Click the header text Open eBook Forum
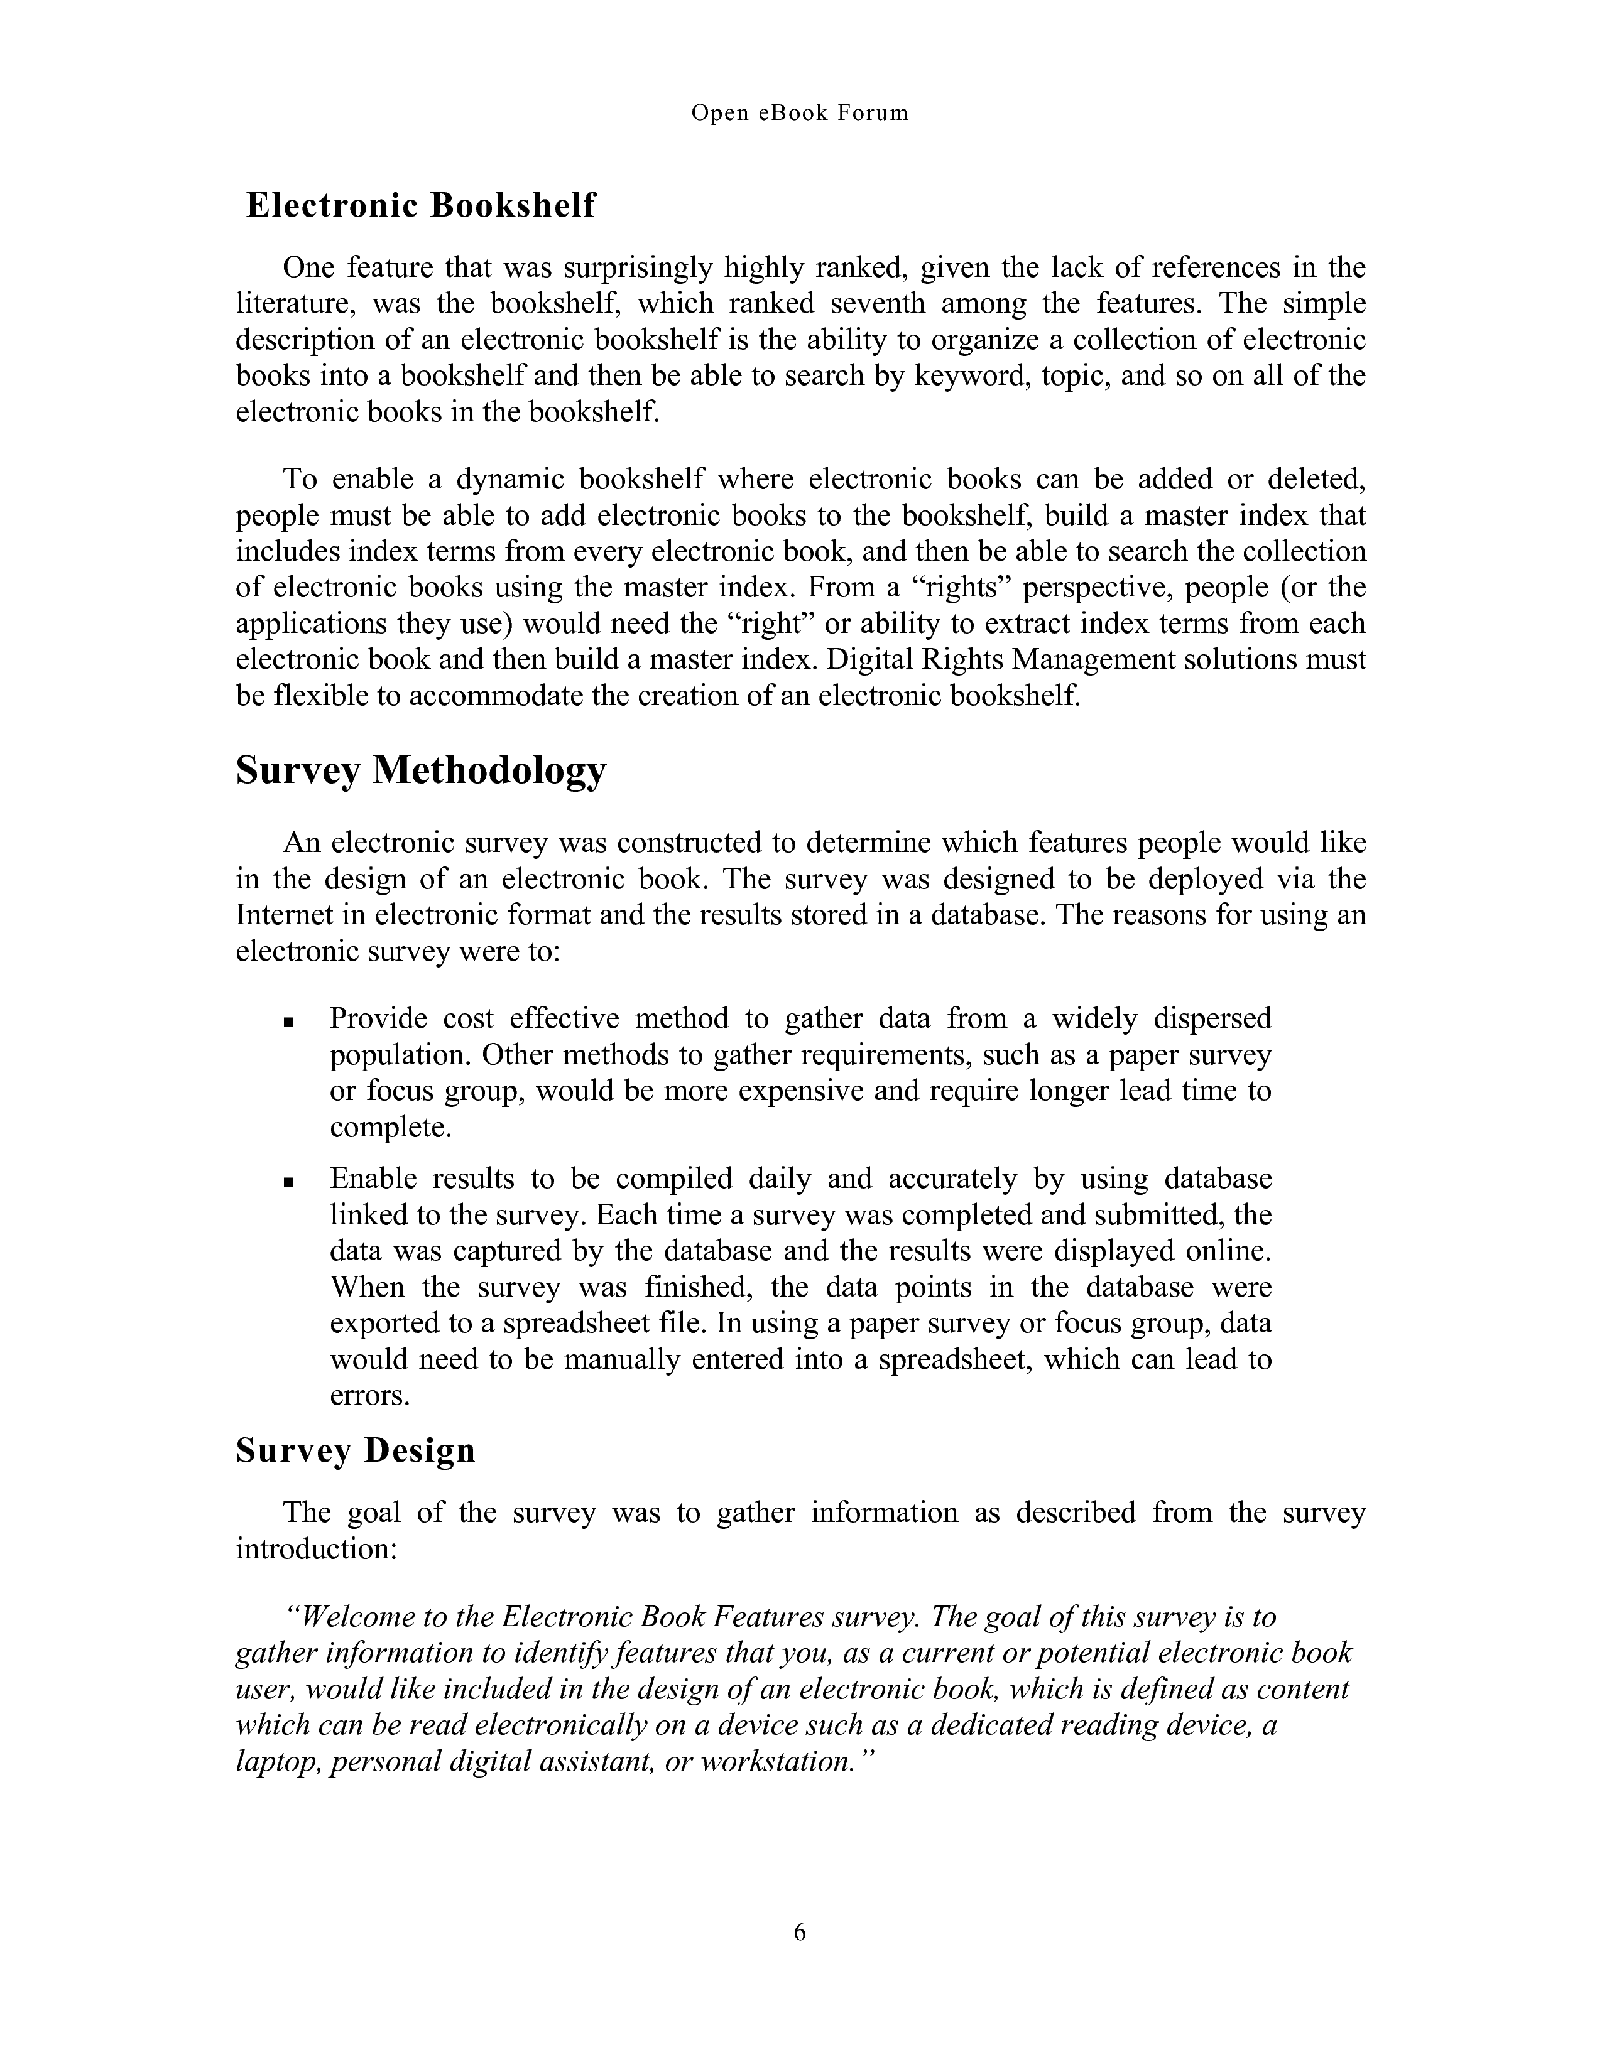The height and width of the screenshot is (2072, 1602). point(799,113)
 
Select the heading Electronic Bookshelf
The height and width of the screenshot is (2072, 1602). point(420,205)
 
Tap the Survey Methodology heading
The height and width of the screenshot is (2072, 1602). point(420,770)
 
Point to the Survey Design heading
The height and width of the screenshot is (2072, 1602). point(355,1450)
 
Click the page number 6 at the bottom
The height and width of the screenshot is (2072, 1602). point(800,1931)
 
